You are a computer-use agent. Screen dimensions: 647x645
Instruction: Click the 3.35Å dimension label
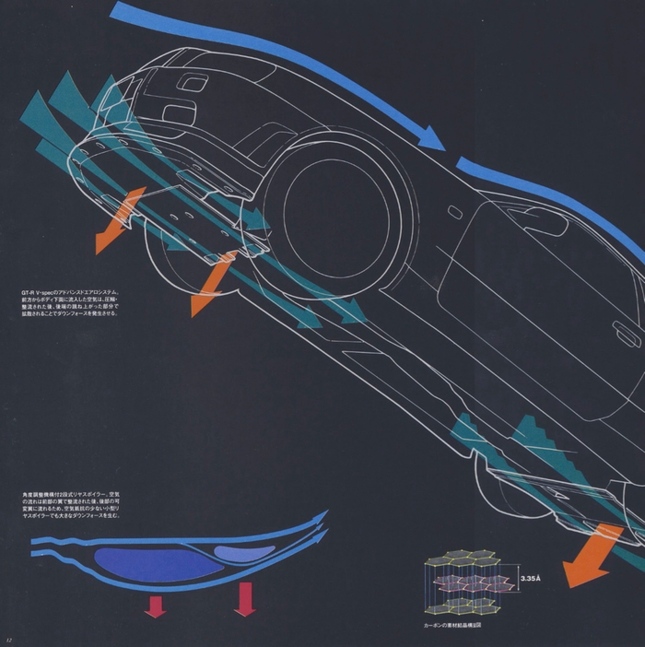click(533, 578)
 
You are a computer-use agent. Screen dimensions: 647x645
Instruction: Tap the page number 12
click(7, 640)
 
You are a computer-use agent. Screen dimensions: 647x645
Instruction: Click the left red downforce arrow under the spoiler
click(155, 606)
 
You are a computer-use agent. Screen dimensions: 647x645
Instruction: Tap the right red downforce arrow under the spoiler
click(245, 599)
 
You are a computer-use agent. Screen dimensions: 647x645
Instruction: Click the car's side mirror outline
click(544, 220)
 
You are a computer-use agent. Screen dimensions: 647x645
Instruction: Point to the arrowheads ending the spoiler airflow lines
click(321, 523)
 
